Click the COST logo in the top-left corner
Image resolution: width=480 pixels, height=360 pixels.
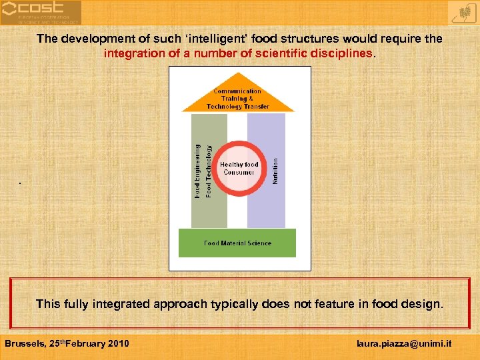pos(40,12)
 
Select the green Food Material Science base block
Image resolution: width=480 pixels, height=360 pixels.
pos(237,243)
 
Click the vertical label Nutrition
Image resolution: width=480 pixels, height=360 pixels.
pos(276,171)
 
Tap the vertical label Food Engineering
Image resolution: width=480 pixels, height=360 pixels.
pos(198,171)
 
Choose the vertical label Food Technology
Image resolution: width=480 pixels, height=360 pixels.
pos(209,171)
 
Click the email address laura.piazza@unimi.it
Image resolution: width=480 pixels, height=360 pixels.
pos(404,343)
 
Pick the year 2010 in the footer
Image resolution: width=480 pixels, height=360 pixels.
pos(117,343)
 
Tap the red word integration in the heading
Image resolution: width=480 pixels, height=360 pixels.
pos(134,53)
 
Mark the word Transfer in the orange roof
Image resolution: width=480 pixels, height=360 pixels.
pos(256,107)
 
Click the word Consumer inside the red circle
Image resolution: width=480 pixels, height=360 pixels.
pos(239,172)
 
